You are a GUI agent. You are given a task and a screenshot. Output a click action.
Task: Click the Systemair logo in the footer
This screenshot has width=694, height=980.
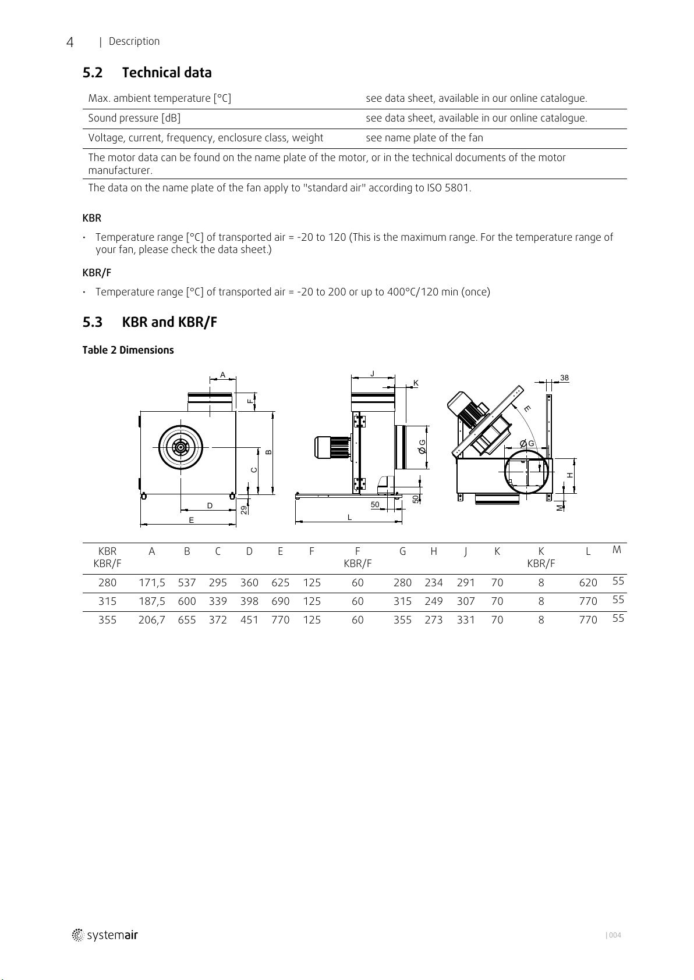tap(105, 935)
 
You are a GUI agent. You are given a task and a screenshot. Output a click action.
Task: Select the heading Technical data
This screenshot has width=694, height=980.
tap(167, 73)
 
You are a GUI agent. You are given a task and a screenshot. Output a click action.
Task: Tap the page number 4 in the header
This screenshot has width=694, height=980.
tap(70, 42)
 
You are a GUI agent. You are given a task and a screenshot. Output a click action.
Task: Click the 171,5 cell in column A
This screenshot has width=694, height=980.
tap(152, 583)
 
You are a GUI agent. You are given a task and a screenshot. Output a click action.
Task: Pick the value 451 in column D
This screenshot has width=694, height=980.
tap(249, 620)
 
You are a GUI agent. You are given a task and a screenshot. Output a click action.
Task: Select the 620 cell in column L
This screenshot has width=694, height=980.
tap(588, 583)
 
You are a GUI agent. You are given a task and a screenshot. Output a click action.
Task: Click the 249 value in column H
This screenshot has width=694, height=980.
tap(434, 601)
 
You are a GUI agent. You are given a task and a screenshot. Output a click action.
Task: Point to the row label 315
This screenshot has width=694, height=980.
tap(107, 601)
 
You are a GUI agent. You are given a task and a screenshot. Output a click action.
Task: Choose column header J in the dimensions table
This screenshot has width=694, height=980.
tap(465, 552)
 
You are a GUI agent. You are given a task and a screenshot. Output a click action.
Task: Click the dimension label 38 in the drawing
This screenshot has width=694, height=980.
tap(564, 378)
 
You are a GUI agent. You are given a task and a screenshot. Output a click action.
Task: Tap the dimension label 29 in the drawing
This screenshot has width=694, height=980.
tap(245, 509)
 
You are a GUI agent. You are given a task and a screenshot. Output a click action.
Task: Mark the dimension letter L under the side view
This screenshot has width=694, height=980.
tap(349, 518)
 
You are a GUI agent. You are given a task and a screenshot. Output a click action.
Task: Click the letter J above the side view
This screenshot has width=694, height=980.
tap(373, 373)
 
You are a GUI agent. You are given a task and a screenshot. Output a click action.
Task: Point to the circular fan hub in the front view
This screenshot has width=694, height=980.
tap(180, 447)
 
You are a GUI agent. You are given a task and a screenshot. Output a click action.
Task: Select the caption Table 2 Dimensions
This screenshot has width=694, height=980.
tap(128, 350)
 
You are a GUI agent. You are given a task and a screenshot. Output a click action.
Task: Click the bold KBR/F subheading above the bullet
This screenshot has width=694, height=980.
tap(97, 273)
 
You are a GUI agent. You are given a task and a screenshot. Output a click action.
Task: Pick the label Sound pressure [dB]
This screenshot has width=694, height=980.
tap(134, 118)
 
